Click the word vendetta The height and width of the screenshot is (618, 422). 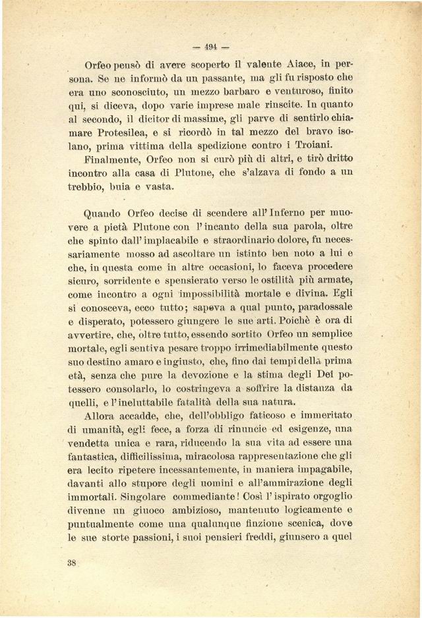click(x=90, y=442)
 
